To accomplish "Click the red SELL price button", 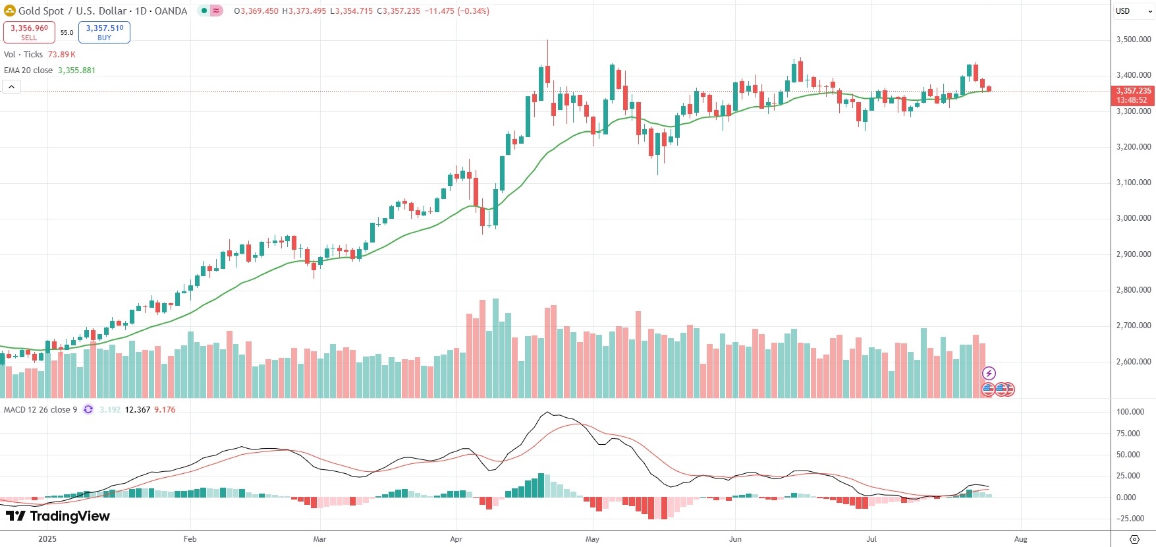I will (x=29, y=32).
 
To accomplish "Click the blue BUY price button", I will (x=104, y=32).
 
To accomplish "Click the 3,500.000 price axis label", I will (x=1133, y=40).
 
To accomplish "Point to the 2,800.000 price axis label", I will (x=1133, y=290).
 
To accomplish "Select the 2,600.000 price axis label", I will (x=1133, y=362).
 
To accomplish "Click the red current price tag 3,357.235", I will (x=1132, y=96).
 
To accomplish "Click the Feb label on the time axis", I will (x=190, y=539).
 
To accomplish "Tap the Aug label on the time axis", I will (x=1020, y=539).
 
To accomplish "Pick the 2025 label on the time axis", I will (x=47, y=539).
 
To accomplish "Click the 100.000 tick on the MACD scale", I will (x=1130, y=412).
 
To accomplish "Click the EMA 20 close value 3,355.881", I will (x=76, y=71).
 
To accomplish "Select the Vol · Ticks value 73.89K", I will (x=62, y=55).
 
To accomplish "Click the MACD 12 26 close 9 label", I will (x=40, y=410).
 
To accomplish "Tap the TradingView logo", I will (x=58, y=516).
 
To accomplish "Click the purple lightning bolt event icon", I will (x=989, y=374).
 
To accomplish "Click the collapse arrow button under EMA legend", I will (x=11, y=86).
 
